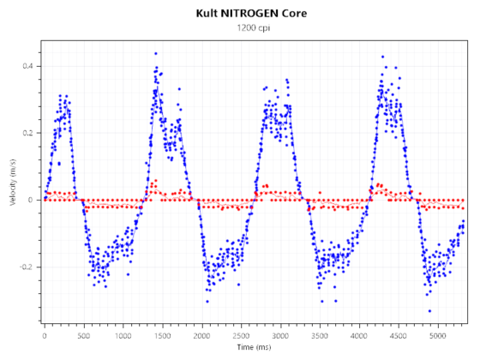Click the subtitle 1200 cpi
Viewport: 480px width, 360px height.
coord(248,28)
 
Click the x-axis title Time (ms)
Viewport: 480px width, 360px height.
coord(255,349)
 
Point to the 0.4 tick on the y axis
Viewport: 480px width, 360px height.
coord(28,67)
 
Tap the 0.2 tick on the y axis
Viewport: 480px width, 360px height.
coord(28,134)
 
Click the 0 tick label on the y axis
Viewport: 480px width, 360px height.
coord(32,201)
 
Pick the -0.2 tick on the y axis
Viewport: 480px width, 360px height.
coord(27,267)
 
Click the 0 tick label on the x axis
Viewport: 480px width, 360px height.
coord(45,334)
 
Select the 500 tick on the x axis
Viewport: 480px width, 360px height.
coord(84,334)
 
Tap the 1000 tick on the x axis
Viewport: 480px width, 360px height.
coord(123,334)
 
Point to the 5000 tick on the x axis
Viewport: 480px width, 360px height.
coord(439,334)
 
